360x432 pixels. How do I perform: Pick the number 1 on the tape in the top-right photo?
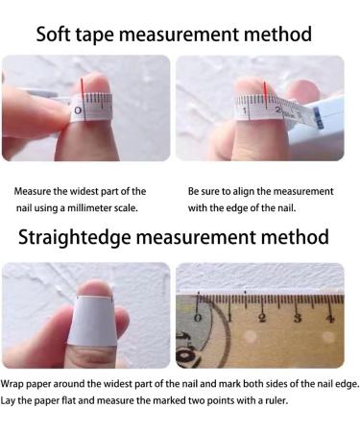point(247,111)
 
